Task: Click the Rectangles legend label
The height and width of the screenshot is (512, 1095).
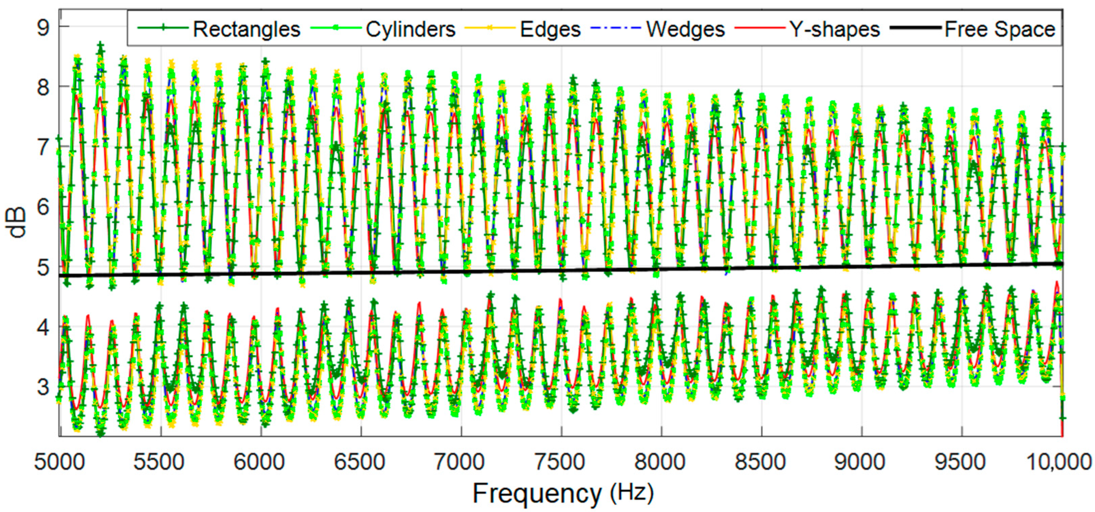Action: pyautogui.click(x=246, y=30)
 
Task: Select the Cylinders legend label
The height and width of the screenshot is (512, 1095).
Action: pyautogui.click(x=411, y=30)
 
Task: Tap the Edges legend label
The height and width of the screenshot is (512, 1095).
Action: pyautogui.click(x=550, y=30)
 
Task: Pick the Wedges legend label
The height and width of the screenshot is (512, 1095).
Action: pyautogui.click(x=685, y=30)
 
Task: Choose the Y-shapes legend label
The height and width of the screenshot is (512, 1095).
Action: pyautogui.click(x=834, y=30)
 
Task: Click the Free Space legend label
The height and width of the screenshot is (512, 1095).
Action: pyautogui.click(x=1000, y=30)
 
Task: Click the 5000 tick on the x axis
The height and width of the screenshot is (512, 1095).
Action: pyautogui.click(x=60, y=462)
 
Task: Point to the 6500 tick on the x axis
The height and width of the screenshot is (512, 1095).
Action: pyautogui.click(x=360, y=462)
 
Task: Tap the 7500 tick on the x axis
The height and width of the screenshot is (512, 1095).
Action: pyautogui.click(x=560, y=462)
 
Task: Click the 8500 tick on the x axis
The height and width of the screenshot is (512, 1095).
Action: pyautogui.click(x=760, y=462)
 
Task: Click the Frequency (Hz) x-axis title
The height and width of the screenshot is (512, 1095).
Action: pyautogui.click(x=563, y=493)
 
